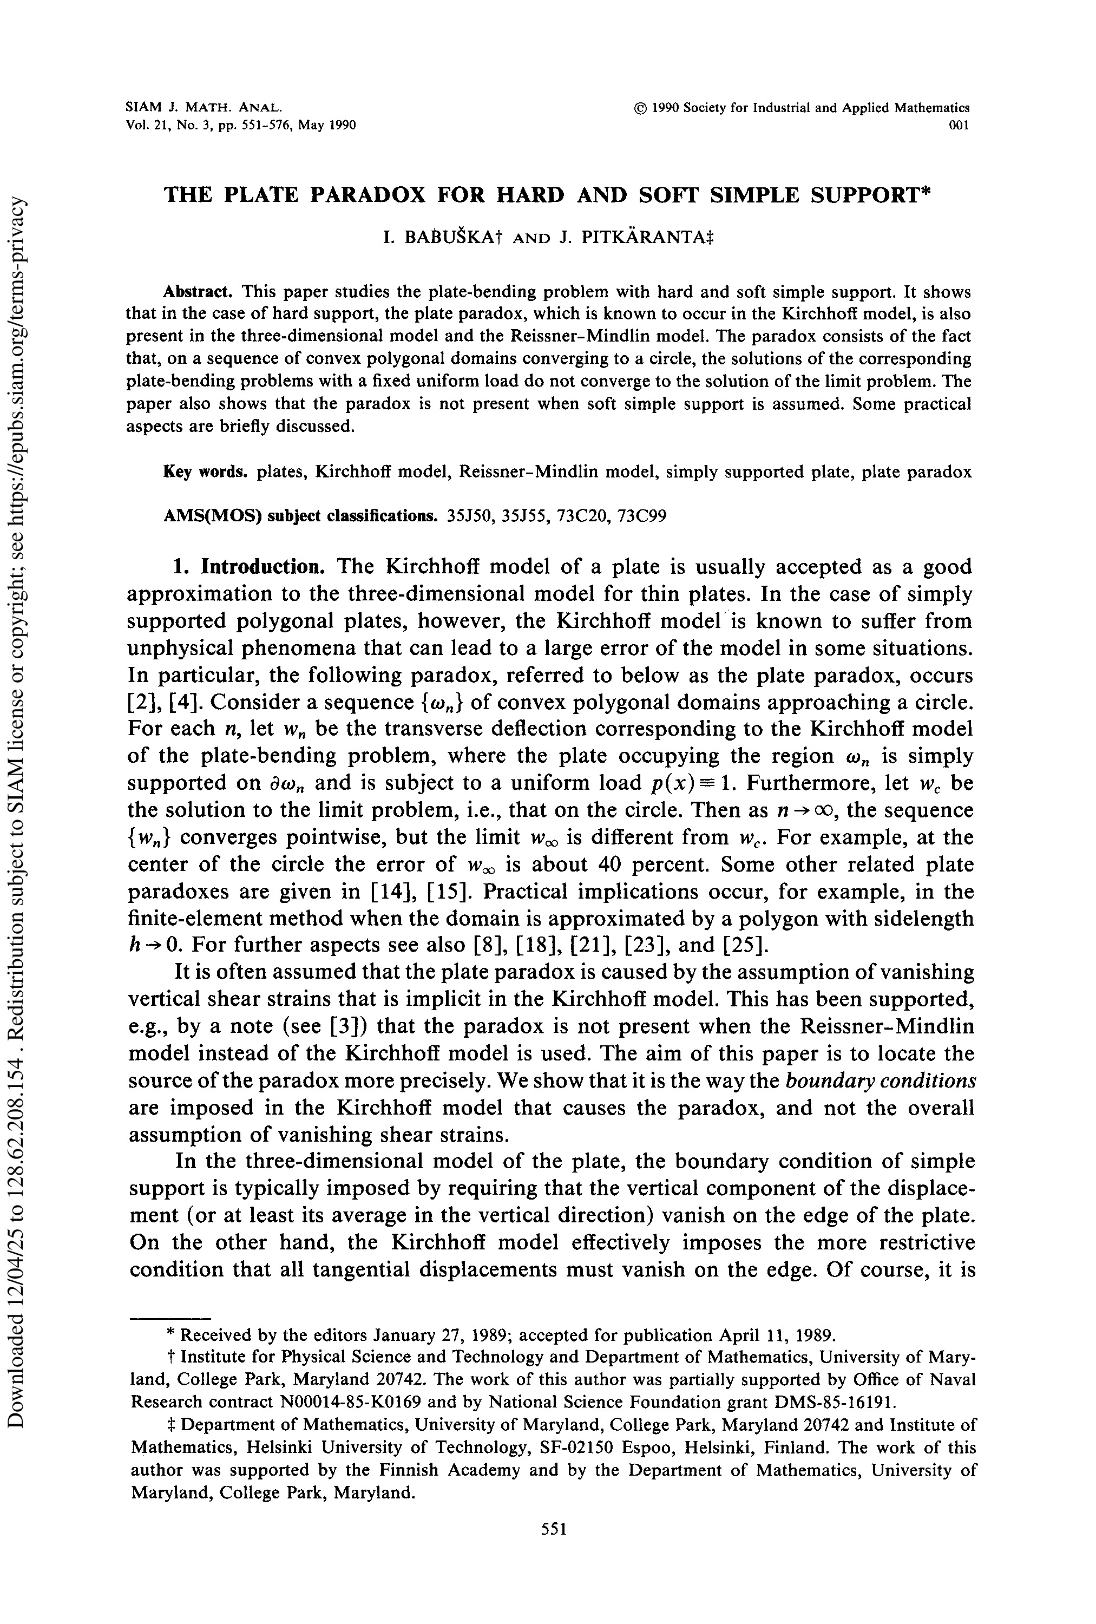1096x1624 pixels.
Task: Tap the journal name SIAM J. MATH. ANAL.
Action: click(204, 108)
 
